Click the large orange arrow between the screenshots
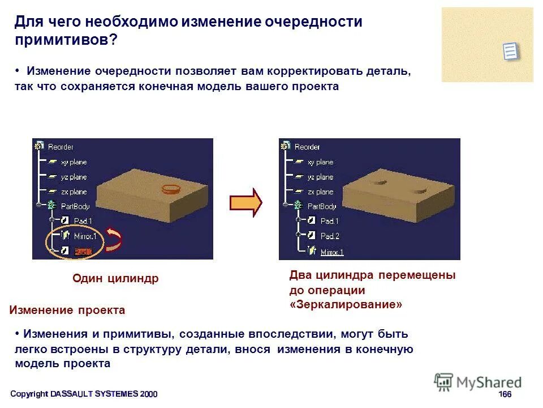coord(245,202)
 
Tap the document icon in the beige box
coord(511,51)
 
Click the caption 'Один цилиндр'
coord(115,278)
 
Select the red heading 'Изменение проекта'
coord(67,311)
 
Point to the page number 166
coord(505,394)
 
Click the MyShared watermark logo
coord(478,382)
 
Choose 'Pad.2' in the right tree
coord(329,236)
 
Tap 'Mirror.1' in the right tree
coord(332,252)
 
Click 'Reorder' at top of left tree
coord(61,147)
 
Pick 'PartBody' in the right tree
coord(321,206)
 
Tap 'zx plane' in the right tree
coord(320,192)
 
